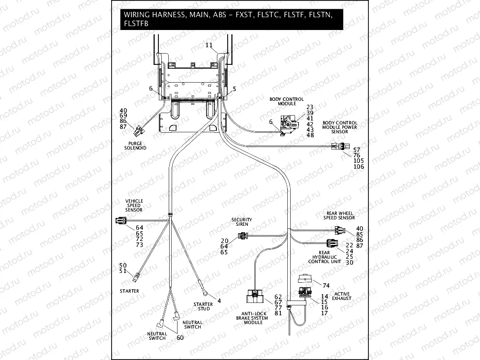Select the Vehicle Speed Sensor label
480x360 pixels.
click(x=133, y=206)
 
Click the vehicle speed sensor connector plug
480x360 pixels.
click(x=120, y=220)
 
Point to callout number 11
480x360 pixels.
click(x=209, y=45)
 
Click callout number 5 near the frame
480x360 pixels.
click(x=234, y=89)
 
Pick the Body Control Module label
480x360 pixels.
click(x=286, y=101)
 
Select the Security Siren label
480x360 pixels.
click(x=241, y=222)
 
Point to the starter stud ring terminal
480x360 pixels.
click(x=207, y=294)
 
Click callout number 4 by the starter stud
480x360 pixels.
click(x=219, y=300)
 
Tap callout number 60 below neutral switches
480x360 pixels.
click(x=180, y=338)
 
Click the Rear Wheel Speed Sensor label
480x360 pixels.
click(x=340, y=215)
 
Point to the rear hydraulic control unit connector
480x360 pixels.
click(x=332, y=242)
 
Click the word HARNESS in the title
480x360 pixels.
click(x=168, y=15)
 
